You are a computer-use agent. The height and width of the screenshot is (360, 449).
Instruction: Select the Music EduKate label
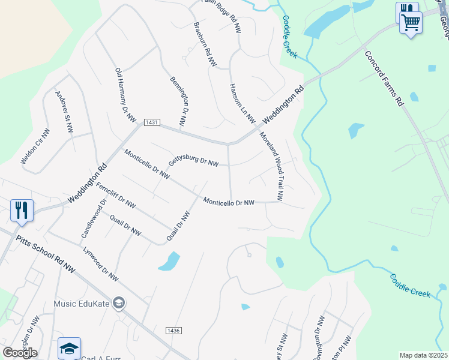82,303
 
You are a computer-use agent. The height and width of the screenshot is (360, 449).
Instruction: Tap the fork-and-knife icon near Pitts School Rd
22,210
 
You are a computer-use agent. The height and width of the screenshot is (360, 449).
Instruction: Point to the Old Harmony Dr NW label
126,95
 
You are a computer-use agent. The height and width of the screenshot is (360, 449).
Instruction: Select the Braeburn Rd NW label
204,47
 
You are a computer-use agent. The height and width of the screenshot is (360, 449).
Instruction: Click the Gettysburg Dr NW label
193,161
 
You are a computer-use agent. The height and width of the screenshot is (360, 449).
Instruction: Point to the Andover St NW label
64,112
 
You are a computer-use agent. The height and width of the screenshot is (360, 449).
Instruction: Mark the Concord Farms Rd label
384,79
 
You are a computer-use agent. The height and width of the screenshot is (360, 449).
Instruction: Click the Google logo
20,352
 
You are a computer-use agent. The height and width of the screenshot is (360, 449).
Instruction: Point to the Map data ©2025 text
423,355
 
